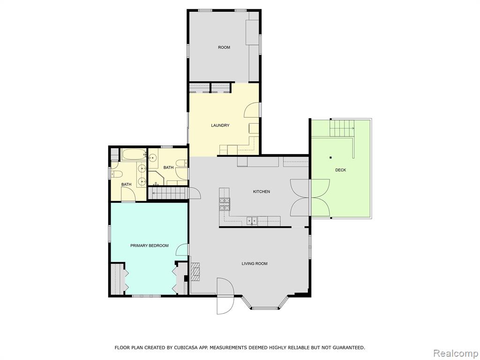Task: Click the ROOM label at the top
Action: (224, 47)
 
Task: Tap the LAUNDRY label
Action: (220, 126)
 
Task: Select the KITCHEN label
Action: (262, 192)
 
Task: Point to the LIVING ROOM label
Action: (255, 263)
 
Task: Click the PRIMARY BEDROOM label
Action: (150, 246)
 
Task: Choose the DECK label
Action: (340, 170)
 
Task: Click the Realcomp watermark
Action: (456, 353)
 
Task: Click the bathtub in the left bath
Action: (134, 155)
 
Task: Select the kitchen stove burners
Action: (225, 204)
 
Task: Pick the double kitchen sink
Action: (252, 221)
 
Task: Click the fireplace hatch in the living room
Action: (195, 271)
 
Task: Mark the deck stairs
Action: (342, 128)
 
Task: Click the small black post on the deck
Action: (330, 157)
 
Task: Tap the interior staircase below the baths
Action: (167, 193)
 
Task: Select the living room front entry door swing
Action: (225, 296)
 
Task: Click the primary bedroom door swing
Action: (182, 249)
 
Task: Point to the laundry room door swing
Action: (252, 110)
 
